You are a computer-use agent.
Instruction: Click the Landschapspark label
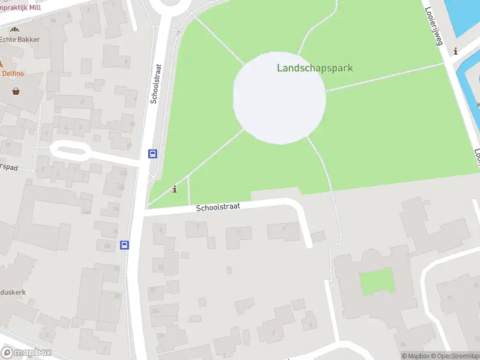pos(314,68)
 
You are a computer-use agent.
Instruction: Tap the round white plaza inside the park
pos(280,98)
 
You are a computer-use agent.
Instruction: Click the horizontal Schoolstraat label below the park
pos(218,206)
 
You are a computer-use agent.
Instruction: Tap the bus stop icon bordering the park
pos(152,154)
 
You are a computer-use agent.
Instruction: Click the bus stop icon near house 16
pos(124,245)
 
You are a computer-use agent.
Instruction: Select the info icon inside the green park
pos(175,190)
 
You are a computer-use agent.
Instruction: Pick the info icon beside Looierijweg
pos(455,52)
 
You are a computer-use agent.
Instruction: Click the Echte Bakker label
pos(20,40)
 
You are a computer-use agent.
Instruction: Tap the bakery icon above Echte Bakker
pos(14,29)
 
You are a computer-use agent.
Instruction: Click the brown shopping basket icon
pos(16,91)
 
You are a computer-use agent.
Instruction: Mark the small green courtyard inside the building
pos(377,281)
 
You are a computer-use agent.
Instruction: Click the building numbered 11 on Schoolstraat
pos(239,233)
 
